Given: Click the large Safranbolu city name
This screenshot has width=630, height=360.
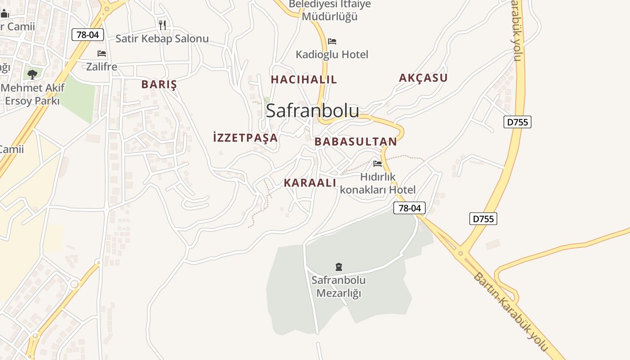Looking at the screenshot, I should tap(312, 111).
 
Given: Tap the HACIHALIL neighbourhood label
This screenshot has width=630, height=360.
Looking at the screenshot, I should tap(304, 80).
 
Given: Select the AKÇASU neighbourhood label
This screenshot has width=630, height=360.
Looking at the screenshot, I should tap(423, 78).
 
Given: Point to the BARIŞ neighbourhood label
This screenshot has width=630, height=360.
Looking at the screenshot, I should tap(159, 85).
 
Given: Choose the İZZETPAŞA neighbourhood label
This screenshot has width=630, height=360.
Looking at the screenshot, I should tap(245, 138).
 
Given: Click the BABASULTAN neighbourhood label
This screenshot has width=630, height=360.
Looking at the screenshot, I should tap(355, 142).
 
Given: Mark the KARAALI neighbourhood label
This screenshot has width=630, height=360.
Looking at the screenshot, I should tap(310, 183).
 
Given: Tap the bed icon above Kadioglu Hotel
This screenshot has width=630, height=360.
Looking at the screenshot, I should tap(332, 41).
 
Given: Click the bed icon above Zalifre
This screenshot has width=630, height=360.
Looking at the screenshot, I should tap(102, 54).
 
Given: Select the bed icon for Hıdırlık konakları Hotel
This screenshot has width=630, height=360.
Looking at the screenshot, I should tap(378, 164).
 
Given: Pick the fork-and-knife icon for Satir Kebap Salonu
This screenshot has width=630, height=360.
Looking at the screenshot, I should tap(162, 25).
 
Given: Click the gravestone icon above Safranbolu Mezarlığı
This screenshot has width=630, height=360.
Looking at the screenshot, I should tap(339, 267).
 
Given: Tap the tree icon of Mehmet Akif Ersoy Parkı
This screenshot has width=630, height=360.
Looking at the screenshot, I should tap(32, 74).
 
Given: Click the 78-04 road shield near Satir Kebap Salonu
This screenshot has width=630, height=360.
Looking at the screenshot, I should tap(88, 35).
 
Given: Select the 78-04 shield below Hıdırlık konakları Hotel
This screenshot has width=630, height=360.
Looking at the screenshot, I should tap(409, 208).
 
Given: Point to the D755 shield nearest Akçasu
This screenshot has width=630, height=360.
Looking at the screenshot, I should tap(517, 122).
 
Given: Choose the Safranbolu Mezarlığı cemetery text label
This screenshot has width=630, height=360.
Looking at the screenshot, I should tap(339, 287).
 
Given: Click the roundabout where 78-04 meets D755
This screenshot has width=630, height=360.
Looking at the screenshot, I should tap(461, 253).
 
